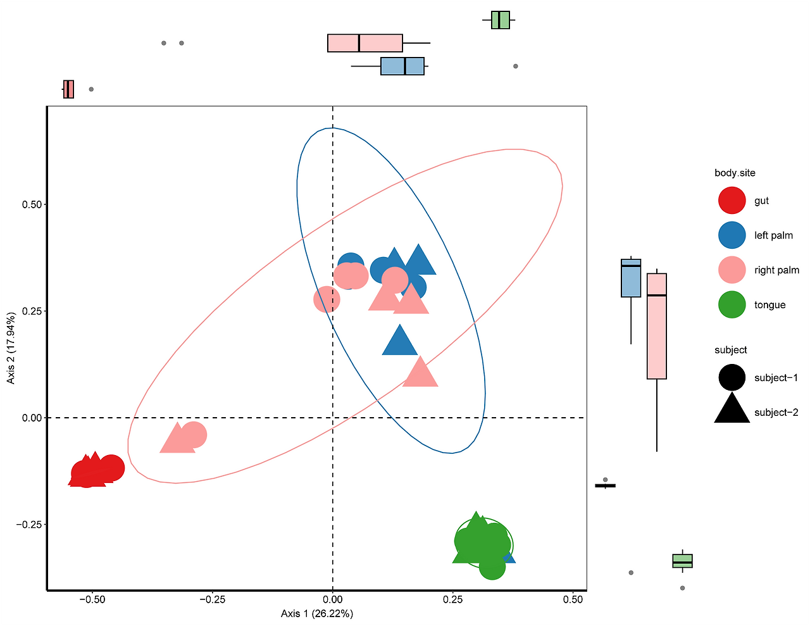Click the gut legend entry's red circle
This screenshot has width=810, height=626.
tap(732, 201)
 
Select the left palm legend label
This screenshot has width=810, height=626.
tap(773, 235)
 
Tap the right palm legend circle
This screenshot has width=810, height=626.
tap(732, 270)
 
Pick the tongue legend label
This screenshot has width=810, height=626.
tap(769, 305)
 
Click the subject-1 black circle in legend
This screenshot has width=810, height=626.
tap(732, 378)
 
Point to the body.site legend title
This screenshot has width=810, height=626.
tap(735, 173)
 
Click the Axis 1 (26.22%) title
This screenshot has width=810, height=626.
tap(317, 613)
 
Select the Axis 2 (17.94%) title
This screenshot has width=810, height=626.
tap(11, 347)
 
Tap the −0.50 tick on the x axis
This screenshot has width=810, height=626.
tap(92, 599)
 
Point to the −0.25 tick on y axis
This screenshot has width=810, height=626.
tap(28, 525)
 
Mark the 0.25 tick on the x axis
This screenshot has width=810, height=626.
tap(452, 599)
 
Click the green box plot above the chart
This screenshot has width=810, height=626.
tap(500, 20)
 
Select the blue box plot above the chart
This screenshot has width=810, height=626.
tap(402, 66)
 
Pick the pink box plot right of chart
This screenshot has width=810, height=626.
tap(657, 326)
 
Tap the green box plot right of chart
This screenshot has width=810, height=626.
tap(682, 561)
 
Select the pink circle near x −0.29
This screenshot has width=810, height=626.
tap(194, 435)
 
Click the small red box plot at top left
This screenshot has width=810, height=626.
tap(68, 89)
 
